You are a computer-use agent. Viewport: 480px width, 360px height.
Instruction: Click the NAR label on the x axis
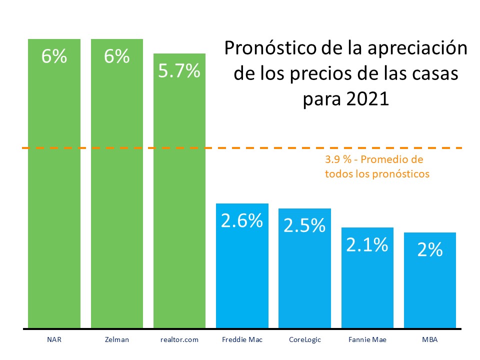pyautogui.click(x=54, y=340)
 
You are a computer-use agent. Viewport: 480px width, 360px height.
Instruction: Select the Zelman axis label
pyautogui.click(x=116, y=340)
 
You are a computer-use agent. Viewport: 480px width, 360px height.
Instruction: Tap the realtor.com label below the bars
pyautogui.click(x=179, y=340)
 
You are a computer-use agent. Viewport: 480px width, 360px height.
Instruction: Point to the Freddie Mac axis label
pyautogui.click(x=242, y=340)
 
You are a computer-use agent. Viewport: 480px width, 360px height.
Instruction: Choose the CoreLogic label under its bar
pyautogui.click(x=304, y=340)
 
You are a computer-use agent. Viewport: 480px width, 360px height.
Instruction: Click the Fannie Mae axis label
pyautogui.click(x=367, y=340)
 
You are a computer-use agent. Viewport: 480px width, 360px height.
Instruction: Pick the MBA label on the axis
pyautogui.click(x=430, y=340)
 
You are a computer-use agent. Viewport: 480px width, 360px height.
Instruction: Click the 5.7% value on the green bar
pyautogui.click(x=179, y=71)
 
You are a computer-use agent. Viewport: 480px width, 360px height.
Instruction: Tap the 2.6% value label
pyautogui.click(x=242, y=220)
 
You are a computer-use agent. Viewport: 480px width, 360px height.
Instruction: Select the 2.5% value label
pyautogui.click(x=304, y=225)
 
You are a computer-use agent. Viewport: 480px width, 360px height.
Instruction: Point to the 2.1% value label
pyautogui.click(x=367, y=244)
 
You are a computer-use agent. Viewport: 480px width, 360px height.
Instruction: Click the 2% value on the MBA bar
pyautogui.click(x=430, y=249)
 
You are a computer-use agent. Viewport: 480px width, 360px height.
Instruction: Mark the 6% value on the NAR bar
pyautogui.click(x=54, y=56)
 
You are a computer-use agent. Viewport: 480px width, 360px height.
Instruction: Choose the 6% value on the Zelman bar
pyautogui.click(x=116, y=56)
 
